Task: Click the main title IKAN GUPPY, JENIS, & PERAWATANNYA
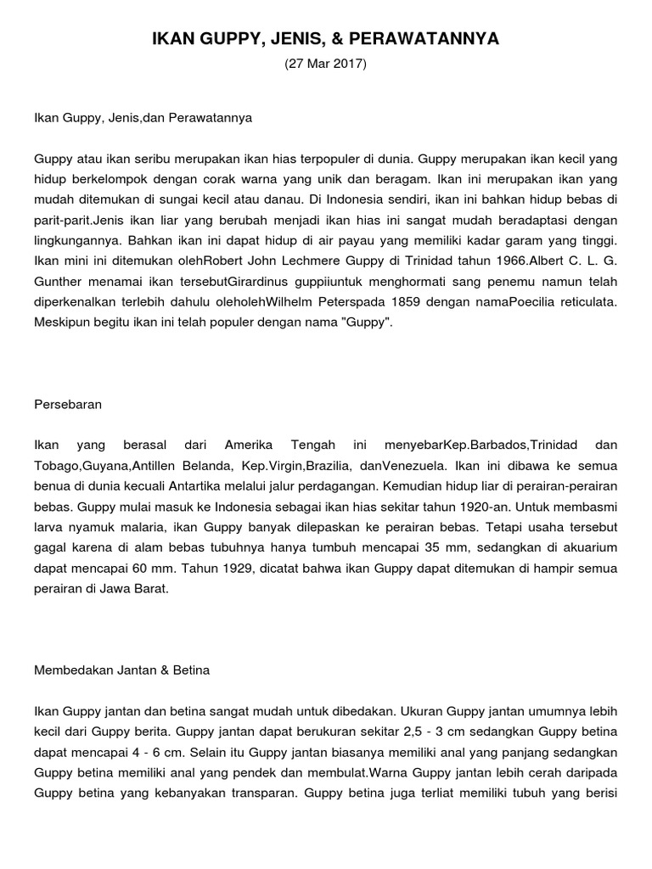(x=326, y=39)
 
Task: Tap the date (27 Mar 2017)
(x=326, y=64)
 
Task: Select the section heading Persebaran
(x=68, y=405)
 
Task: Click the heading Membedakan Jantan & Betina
(x=121, y=670)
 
